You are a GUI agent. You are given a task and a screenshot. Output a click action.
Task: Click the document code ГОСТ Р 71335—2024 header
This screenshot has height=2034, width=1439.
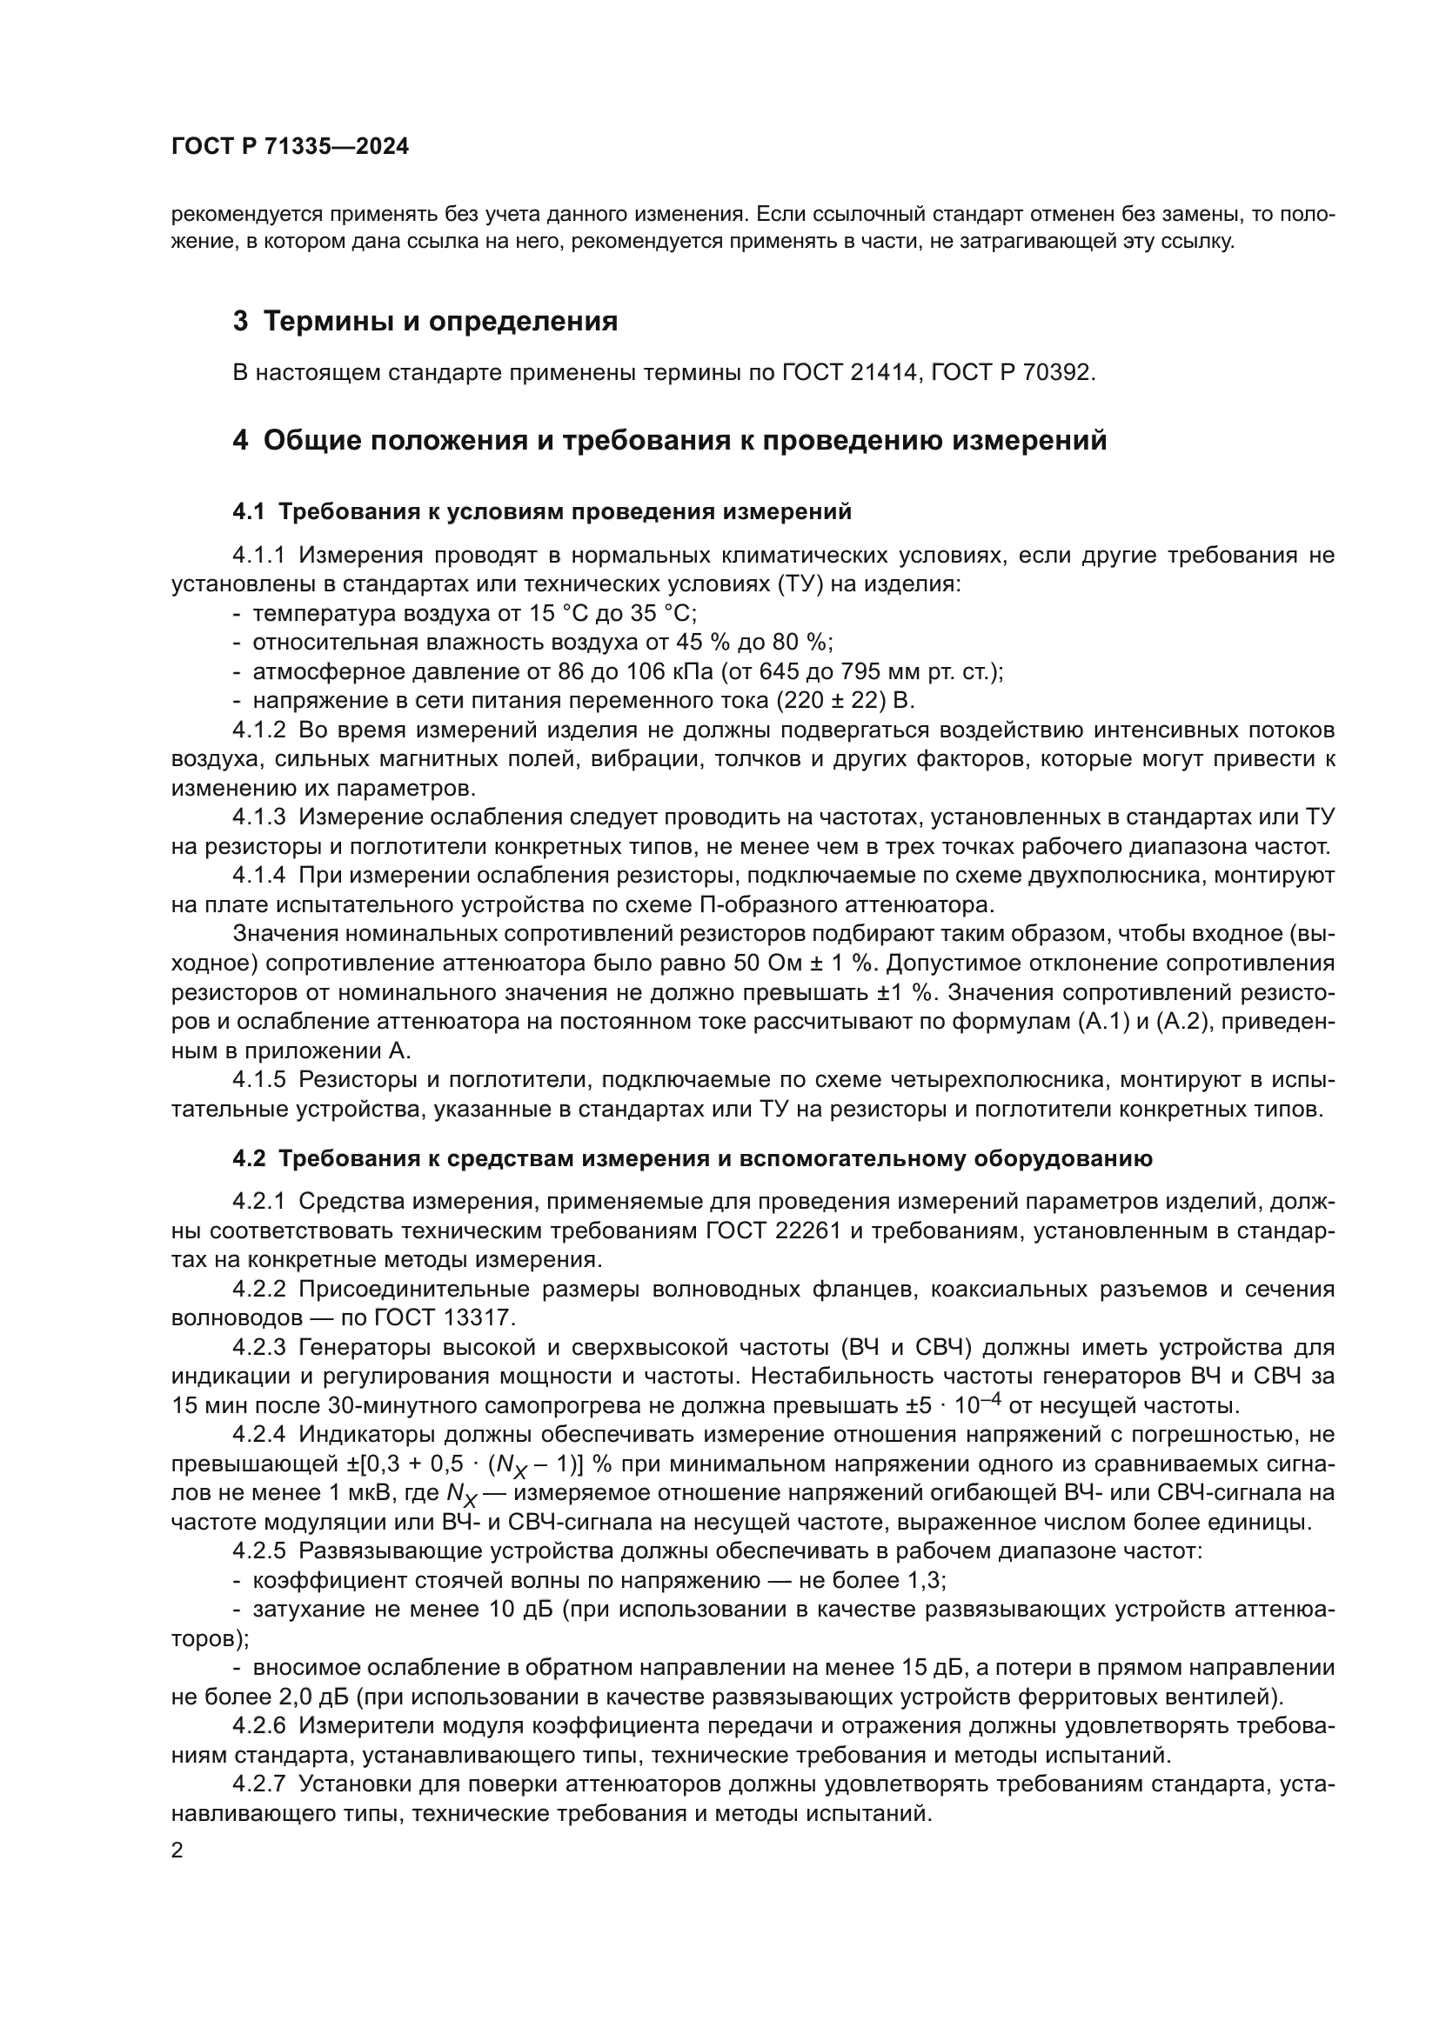pos(290,147)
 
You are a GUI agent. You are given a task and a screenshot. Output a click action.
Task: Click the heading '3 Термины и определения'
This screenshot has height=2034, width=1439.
pos(425,321)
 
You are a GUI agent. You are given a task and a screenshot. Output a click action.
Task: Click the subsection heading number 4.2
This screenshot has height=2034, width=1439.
pos(249,1158)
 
